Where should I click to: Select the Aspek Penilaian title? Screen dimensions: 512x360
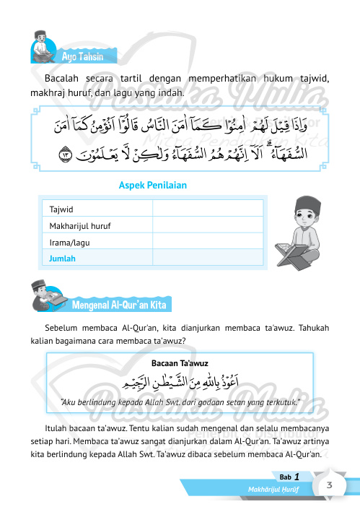pos(152,186)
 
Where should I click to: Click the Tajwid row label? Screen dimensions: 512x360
pos(61,209)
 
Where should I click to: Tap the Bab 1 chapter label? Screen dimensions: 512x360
pos(290,477)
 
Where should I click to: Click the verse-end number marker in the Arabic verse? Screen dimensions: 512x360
pos(67,154)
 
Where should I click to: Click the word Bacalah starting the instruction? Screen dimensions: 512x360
pos(61,78)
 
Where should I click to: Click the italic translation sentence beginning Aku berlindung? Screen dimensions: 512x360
pos(180,401)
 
